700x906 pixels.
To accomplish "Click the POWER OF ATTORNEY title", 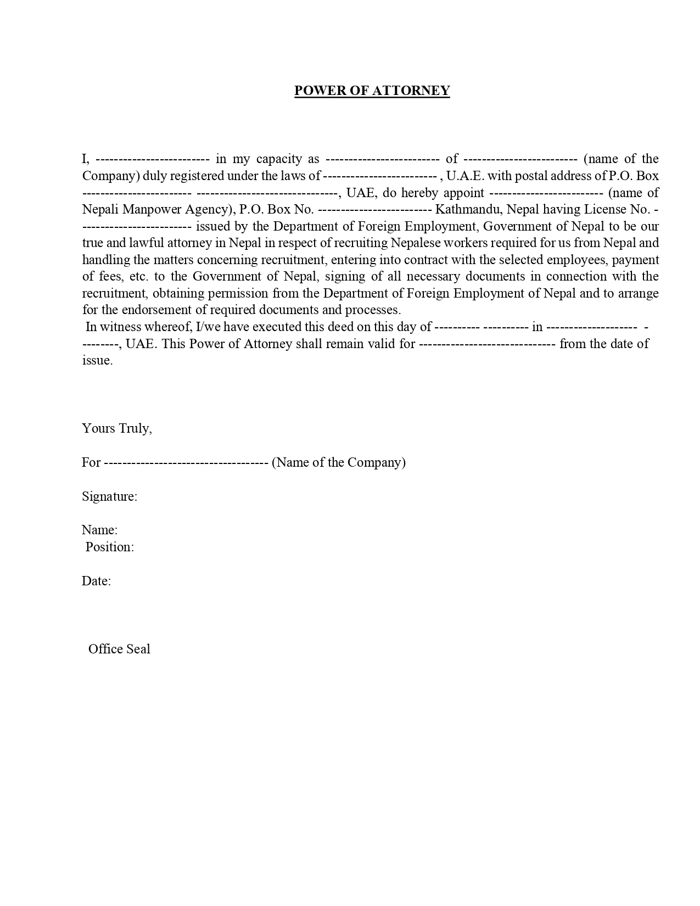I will (372, 91).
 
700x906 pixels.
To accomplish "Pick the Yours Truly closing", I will (117, 428).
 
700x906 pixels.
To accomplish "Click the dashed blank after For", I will (186, 462).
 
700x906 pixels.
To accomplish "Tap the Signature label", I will (109, 496).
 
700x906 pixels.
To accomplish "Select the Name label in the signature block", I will (99, 530).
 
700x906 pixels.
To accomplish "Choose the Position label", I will (110, 547).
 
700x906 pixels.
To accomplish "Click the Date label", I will (96, 581).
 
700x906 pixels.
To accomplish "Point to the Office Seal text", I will (119, 649).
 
